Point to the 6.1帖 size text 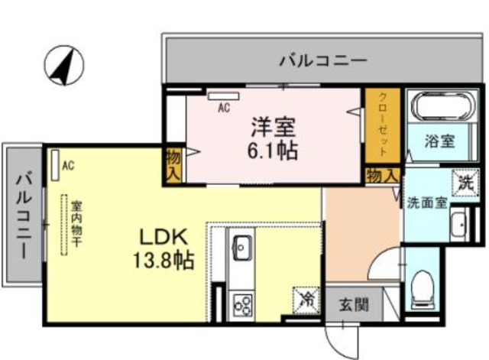[x=271, y=149]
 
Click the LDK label [x=160, y=235]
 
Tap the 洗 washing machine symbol [x=465, y=182]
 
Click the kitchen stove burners [x=242, y=305]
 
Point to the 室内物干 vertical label [x=77, y=222]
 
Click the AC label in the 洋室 [x=223, y=108]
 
